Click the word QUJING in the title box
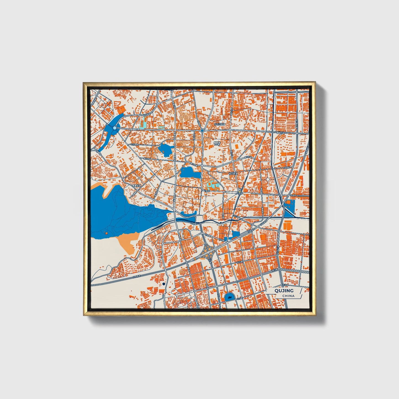pos(284,290)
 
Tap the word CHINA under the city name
pos(288,296)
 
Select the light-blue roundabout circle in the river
pos(115,128)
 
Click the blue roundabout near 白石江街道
pos(202,130)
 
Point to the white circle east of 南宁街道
pos(268,179)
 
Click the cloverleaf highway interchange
pos(209,252)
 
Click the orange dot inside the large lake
pos(106,233)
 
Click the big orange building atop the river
pos(121,109)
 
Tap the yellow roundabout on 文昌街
pos(240,192)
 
